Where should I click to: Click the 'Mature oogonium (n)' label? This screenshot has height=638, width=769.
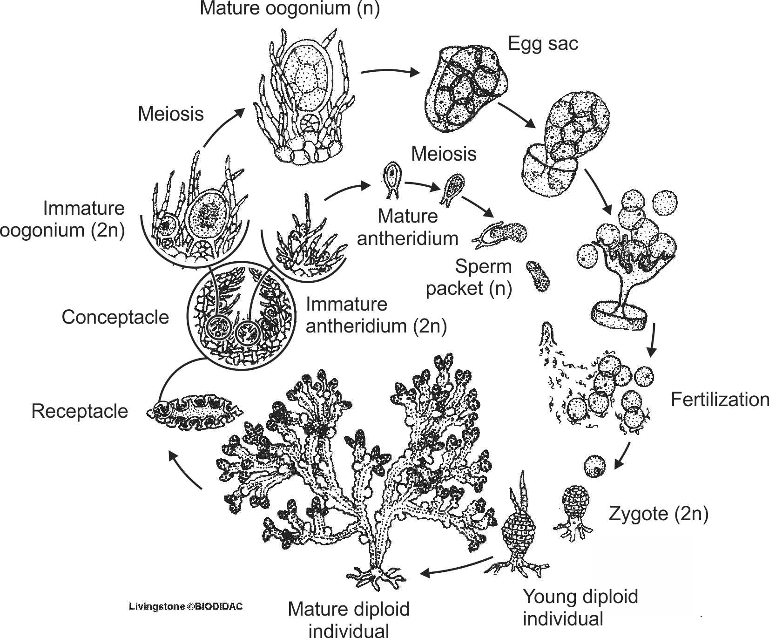pos(290,9)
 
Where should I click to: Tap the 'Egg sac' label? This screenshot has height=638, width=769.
pos(543,44)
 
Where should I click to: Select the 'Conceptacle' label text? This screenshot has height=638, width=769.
pos(115,317)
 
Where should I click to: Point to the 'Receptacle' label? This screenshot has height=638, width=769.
pos(80,411)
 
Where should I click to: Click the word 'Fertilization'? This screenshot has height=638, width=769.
pos(719,400)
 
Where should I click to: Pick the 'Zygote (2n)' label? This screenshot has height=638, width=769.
pos(659,514)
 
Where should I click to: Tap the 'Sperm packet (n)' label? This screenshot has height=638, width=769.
pos(469,278)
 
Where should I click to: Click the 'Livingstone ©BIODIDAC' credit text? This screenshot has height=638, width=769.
pos(186,607)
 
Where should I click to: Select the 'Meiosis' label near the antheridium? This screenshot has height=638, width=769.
pos(444,154)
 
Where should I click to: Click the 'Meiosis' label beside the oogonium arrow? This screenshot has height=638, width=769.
pos(171,114)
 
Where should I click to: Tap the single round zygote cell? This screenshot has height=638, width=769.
pos(595,467)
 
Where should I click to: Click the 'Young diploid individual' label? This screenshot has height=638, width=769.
pos(580,608)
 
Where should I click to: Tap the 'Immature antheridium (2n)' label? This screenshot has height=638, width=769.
pos(376,315)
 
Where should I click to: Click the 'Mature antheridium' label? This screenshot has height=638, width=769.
pos(408,227)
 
